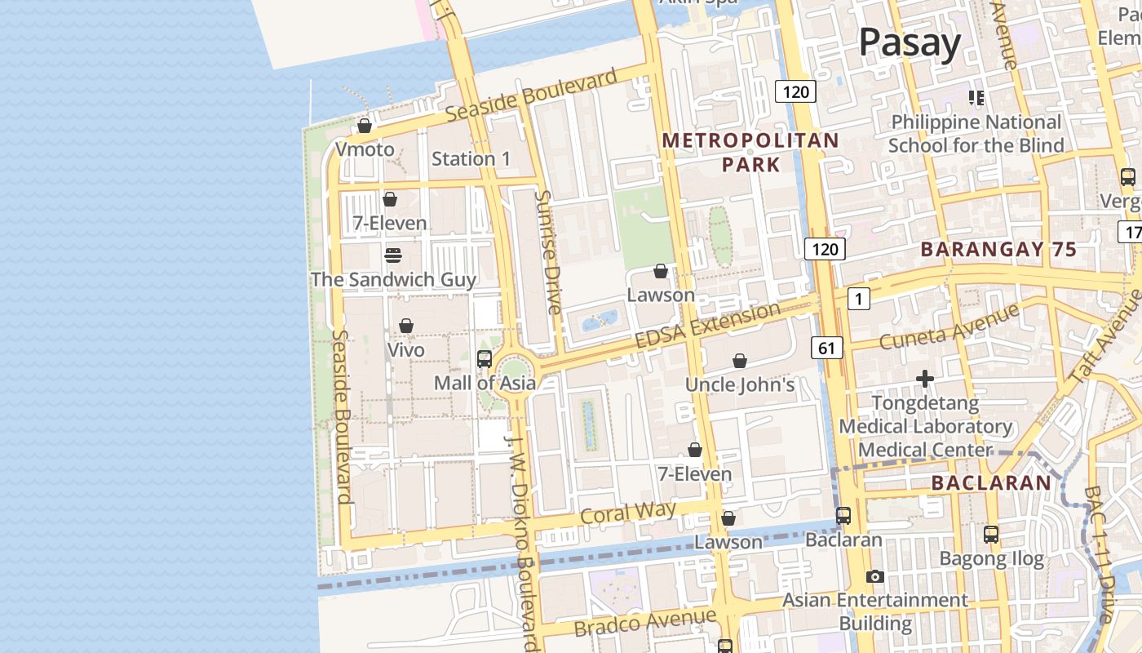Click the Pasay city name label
[910, 42]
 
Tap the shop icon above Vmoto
[365, 127]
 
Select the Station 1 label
[471, 158]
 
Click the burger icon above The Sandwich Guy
[392, 255]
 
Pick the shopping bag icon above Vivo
[406, 326]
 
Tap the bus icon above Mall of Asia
[485, 358]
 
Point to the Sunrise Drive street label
[549, 252]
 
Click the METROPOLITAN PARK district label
[750, 152]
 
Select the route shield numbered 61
[826, 349]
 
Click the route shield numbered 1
[858, 300]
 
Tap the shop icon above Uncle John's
[740, 361]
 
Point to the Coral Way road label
[627, 513]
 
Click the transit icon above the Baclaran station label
[843, 516]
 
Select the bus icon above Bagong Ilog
[991, 535]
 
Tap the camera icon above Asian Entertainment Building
[875, 577]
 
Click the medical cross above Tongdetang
[925, 379]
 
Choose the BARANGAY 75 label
[999, 250]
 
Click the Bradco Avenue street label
[644, 623]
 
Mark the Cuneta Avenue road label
[949, 326]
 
